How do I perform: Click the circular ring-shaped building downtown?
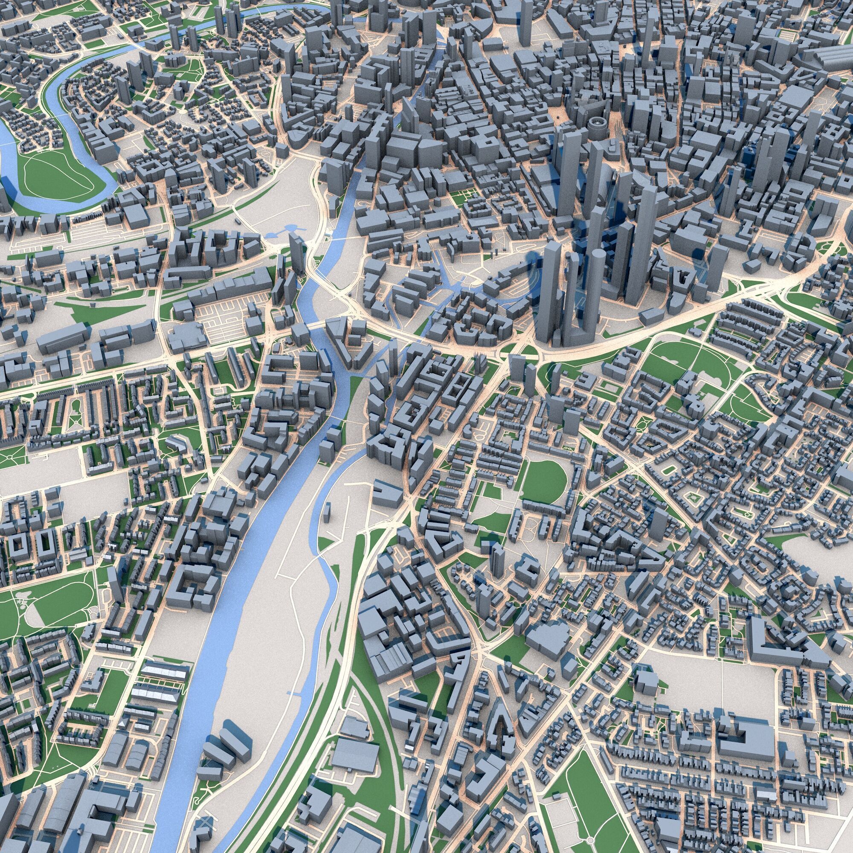(597, 125)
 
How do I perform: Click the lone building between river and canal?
(327, 513)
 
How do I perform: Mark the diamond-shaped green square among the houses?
(692, 499)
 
